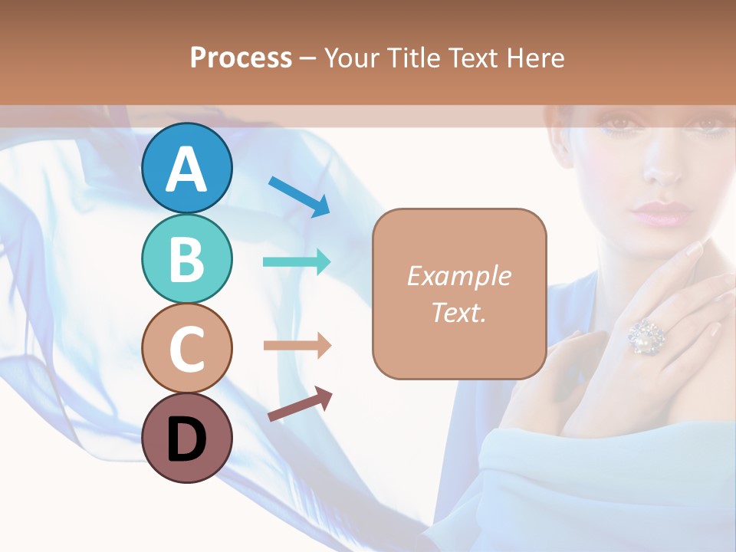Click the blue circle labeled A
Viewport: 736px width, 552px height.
186,168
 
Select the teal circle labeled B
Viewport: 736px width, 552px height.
186,258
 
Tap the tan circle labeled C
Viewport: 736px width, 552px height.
186,348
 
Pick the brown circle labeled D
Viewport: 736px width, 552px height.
186,438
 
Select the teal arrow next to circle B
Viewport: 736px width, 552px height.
297,262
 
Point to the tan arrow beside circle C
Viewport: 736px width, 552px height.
297,346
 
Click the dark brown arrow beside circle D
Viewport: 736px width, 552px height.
300,404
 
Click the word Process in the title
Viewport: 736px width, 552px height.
241,58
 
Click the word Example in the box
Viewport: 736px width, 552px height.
458,276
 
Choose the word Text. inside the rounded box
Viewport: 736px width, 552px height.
458,312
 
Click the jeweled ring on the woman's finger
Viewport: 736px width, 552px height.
646,336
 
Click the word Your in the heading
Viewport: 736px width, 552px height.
353,58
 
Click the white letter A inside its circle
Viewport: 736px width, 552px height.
186,169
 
